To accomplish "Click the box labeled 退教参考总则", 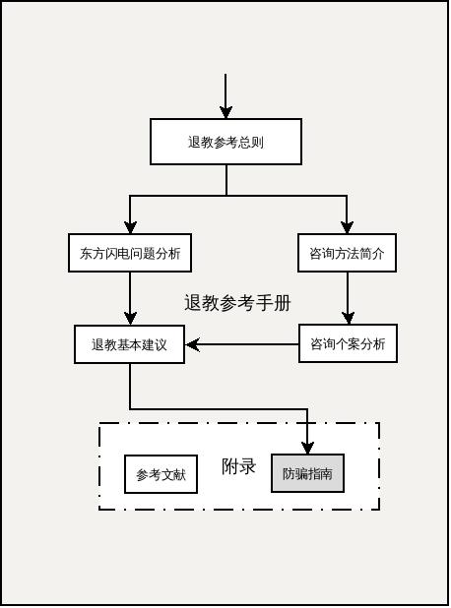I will click(225, 142).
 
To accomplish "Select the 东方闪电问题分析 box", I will click(130, 253).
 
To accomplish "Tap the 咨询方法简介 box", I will click(347, 253).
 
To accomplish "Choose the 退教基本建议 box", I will click(130, 344).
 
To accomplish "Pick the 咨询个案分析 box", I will click(348, 344).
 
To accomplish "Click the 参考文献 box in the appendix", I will click(161, 474).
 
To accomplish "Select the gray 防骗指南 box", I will click(307, 473).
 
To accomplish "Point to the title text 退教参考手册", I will click(237, 303).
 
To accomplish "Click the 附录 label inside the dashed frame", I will click(238, 466).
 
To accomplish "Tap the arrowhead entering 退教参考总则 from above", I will click(225, 112).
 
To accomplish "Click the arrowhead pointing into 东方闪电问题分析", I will click(130, 227).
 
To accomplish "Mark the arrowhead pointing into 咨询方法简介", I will click(347, 227).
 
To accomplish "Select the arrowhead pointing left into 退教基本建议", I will click(193, 344).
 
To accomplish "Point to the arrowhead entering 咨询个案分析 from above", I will click(347, 318).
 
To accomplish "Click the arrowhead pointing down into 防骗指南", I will click(307, 448).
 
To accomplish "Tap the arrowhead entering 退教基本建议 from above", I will click(130, 318).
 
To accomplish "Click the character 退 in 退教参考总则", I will click(195, 142).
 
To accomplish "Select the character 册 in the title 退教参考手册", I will click(283, 303).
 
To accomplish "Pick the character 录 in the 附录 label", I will click(247, 466).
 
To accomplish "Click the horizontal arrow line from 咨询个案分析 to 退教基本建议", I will click(246, 344).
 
